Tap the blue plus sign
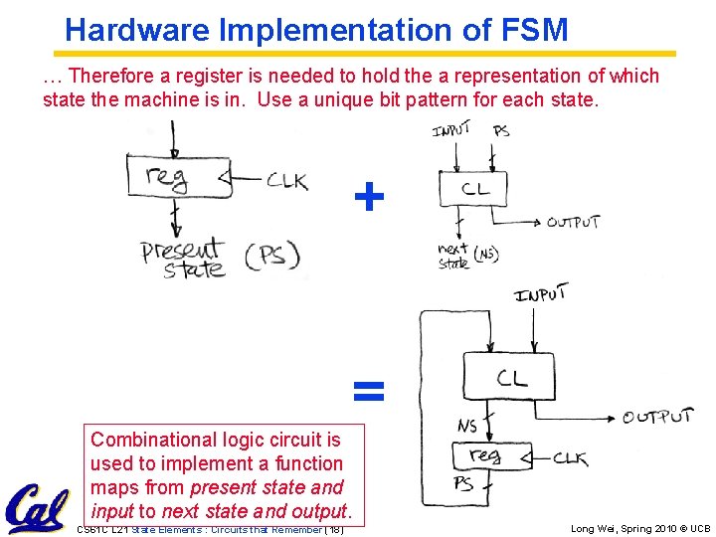tap(369, 197)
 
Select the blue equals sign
tap(369, 391)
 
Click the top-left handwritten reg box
tap(172, 178)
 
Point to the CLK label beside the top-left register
tap(286, 182)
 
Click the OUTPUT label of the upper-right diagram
tap(573, 222)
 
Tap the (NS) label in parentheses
tap(485, 256)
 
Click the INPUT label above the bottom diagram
tap(541, 294)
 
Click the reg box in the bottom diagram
tap(486, 456)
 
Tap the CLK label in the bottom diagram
tap(569, 458)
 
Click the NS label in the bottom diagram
tap(466, 426)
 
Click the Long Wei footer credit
tap(640, 529)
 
